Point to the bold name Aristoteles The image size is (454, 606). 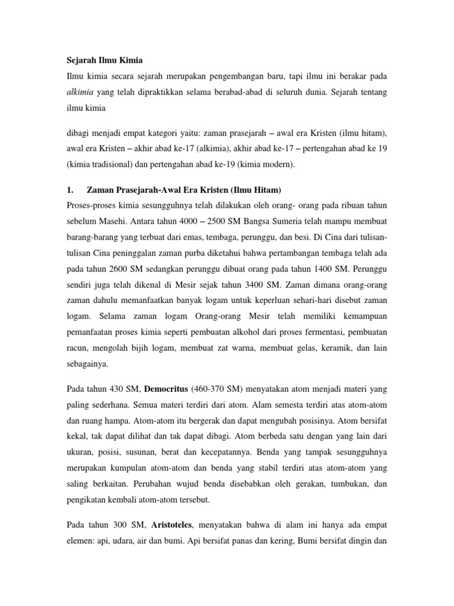click(x=176, y=524)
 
